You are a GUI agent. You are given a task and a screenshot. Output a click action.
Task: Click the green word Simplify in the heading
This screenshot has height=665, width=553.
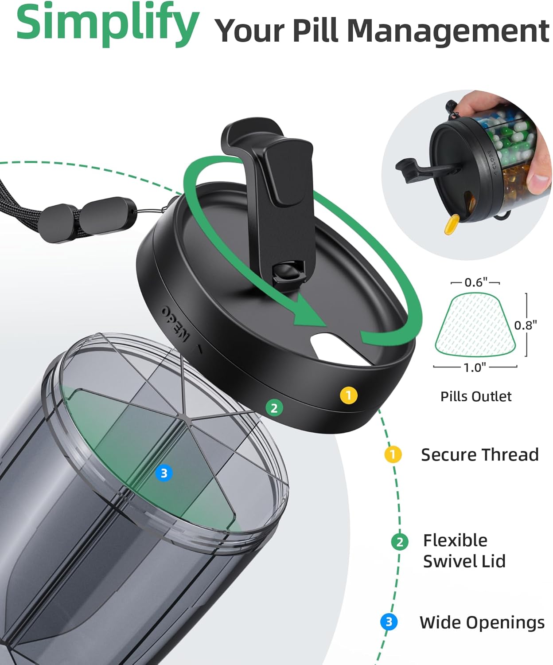pyautogui.click(x=108, y=24)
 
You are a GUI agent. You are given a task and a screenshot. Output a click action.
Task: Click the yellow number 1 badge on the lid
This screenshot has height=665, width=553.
pyautogui.click(x=349, y=395)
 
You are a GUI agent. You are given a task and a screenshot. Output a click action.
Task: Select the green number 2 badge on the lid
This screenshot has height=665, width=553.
pyautogui.click(x=274, y=408)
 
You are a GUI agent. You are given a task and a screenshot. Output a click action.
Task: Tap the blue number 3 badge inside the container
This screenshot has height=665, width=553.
pyautogui.click(x=164, y=473)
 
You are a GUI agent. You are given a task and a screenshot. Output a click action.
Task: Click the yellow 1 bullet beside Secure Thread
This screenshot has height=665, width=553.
pyautogui.click(x=393, y=454)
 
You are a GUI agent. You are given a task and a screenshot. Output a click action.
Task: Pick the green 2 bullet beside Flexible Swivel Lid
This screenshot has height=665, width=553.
pyautogui.click(x=400, y=542)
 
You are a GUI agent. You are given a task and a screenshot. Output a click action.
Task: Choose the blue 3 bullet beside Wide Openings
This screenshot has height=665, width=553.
pyautogui.click(x=389, y=622)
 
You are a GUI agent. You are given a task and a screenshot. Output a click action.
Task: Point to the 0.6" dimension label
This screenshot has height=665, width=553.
pyautogui.click(x=476, y=282)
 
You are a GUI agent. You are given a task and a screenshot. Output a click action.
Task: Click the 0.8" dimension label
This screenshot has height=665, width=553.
pyautogui.click(x=526, y=325)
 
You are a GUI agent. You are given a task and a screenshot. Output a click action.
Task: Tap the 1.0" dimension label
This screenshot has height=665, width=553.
pyautogui.click(x=475, y=368)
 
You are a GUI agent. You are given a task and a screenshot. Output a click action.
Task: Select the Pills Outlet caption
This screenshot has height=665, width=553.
pyautogui.click(x=476, y=396)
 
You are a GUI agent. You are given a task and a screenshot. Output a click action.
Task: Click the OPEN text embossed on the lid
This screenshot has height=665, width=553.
pyautogui.click(x=175, y=323)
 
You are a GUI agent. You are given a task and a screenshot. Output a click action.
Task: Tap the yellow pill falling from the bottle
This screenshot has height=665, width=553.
pyautogui.click(x=452, y=224)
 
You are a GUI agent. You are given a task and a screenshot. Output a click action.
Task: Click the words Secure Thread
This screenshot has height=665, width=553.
pyautogui.click(x=480, y=454)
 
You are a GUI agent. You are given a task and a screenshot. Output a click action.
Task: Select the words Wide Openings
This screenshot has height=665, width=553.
pyautogui.click(x=482, y=622)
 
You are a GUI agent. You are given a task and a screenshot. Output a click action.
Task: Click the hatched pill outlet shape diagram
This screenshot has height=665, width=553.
pyautogui.click(x=475, y=324)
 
